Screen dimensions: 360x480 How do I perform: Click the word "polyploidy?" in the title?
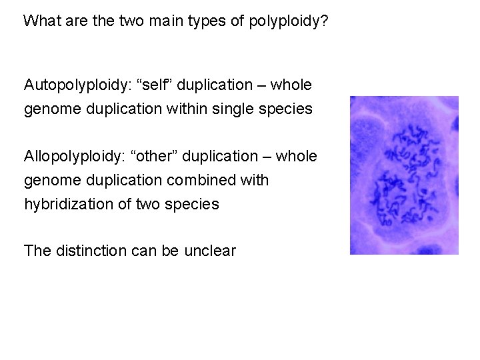coord(288,21)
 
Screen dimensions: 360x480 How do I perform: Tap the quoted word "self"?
coord(151,85)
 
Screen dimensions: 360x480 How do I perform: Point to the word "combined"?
coord(211,180)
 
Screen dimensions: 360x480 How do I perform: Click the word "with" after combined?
coord(255,180)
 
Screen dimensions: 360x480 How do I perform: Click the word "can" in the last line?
coord(136,251)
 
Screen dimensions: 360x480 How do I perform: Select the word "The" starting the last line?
coord(37,251)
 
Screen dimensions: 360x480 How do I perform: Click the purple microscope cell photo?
coord(404,175)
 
